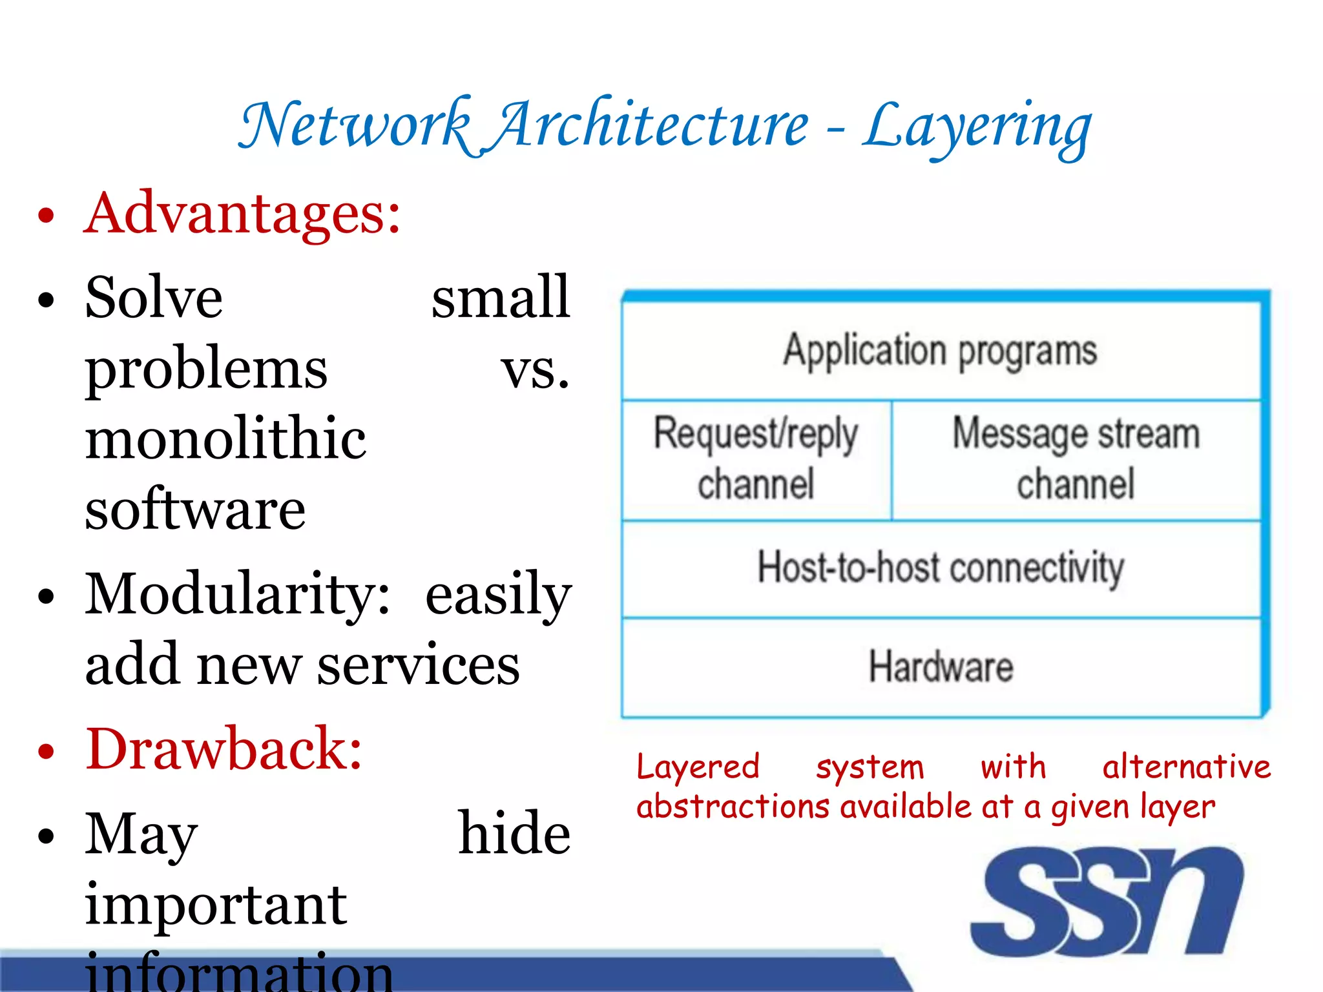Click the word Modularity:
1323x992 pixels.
coord(238,594)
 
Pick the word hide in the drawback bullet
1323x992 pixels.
coord(514,834)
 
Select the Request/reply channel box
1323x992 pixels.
coord(756,460)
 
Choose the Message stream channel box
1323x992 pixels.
coord(1076,460)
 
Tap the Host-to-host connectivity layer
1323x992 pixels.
coord(941,568)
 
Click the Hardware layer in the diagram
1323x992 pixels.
coord(941,667)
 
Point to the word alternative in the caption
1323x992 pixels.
coord(1186,767)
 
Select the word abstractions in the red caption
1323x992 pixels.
coord(733,807)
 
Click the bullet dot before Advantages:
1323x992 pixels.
coord(46,215)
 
